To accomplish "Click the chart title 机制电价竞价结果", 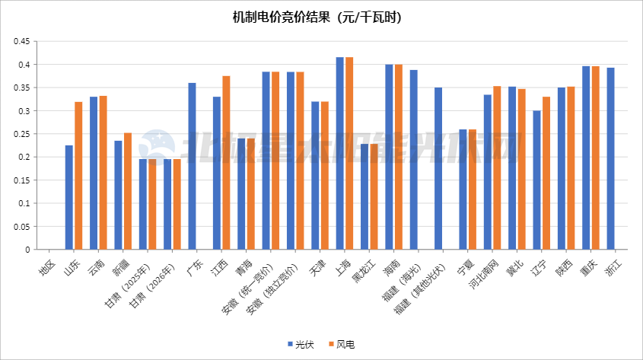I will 317,16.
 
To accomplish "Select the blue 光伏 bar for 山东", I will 69,197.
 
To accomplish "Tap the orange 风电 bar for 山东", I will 78,175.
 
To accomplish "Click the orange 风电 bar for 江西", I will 226,163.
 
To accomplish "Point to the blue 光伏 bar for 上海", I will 340,153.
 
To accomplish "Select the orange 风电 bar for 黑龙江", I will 374,196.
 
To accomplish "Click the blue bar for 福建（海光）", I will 414,160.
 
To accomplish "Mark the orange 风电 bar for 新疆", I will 128,191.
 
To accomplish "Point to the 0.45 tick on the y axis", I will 21,41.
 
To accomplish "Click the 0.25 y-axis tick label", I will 21,134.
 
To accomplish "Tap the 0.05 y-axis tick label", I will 21,226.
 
